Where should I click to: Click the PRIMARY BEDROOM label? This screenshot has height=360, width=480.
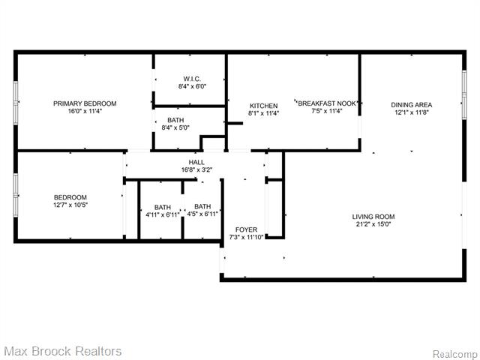click(84, 103)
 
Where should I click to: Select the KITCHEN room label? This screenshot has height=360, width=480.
click(263, 106)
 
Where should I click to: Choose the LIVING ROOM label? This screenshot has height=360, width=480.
click(373, 217)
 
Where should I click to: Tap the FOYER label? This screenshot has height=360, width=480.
click(246, 229)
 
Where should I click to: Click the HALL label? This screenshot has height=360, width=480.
click(196, 162)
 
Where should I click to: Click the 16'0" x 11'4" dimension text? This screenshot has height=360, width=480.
click(84, 112)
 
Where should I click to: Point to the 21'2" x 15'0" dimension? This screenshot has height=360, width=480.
click(373, 225)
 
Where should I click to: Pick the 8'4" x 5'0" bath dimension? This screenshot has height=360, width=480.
click(175, 127)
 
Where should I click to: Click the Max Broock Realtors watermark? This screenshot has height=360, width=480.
click(62, 350)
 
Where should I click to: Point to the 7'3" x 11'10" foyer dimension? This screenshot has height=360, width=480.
click(247, 238)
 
